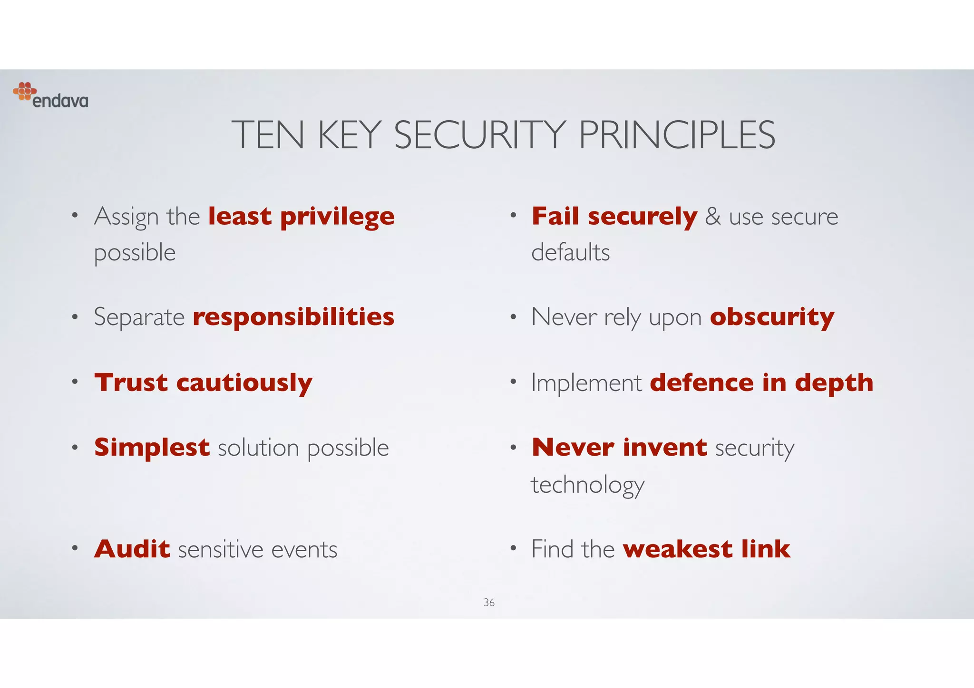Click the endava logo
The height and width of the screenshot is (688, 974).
click(x=50, y=96)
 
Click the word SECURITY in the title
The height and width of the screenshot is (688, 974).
click(x=480, y=135)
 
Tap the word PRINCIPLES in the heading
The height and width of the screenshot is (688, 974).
click(x=677, y=135)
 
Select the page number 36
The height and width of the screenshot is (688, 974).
click(x=489, y=602)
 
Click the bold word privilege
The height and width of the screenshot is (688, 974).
click(x=337, y=217)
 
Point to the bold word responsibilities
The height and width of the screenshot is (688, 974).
click(x=293, y=317)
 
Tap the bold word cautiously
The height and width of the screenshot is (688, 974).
click(x=244, y=383)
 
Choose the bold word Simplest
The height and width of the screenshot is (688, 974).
click(x=152, y=448)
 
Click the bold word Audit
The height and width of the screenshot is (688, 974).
click(x=132, y=549)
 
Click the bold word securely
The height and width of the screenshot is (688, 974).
click(x=643, y=217)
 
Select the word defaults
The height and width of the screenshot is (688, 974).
click(x=570, y=252)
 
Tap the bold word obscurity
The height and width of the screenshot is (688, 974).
click(x=772, y=317)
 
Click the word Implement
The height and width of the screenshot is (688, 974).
click(x=586, y=383)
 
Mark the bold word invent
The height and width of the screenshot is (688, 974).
click(x=665, y=448)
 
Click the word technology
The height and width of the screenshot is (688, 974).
click(x=588, y=485)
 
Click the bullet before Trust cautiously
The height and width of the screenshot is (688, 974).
click(x=75, y=382)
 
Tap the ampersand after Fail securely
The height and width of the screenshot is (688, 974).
click(x=713, y=217)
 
